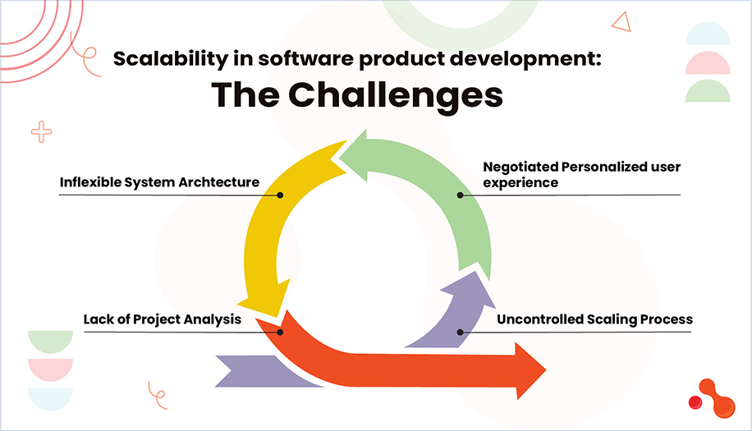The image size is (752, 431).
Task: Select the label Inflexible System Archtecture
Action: [159, 182]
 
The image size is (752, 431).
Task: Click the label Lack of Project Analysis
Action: [162, 319]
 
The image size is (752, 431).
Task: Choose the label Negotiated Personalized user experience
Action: [581, 175]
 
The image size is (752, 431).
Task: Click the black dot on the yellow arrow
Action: [280, 195]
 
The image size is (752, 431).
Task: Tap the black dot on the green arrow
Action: [461, 195]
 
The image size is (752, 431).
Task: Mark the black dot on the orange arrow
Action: [280, 332]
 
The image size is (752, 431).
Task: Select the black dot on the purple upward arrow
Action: [461, 332]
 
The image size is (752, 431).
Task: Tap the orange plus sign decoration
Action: [40, 131]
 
